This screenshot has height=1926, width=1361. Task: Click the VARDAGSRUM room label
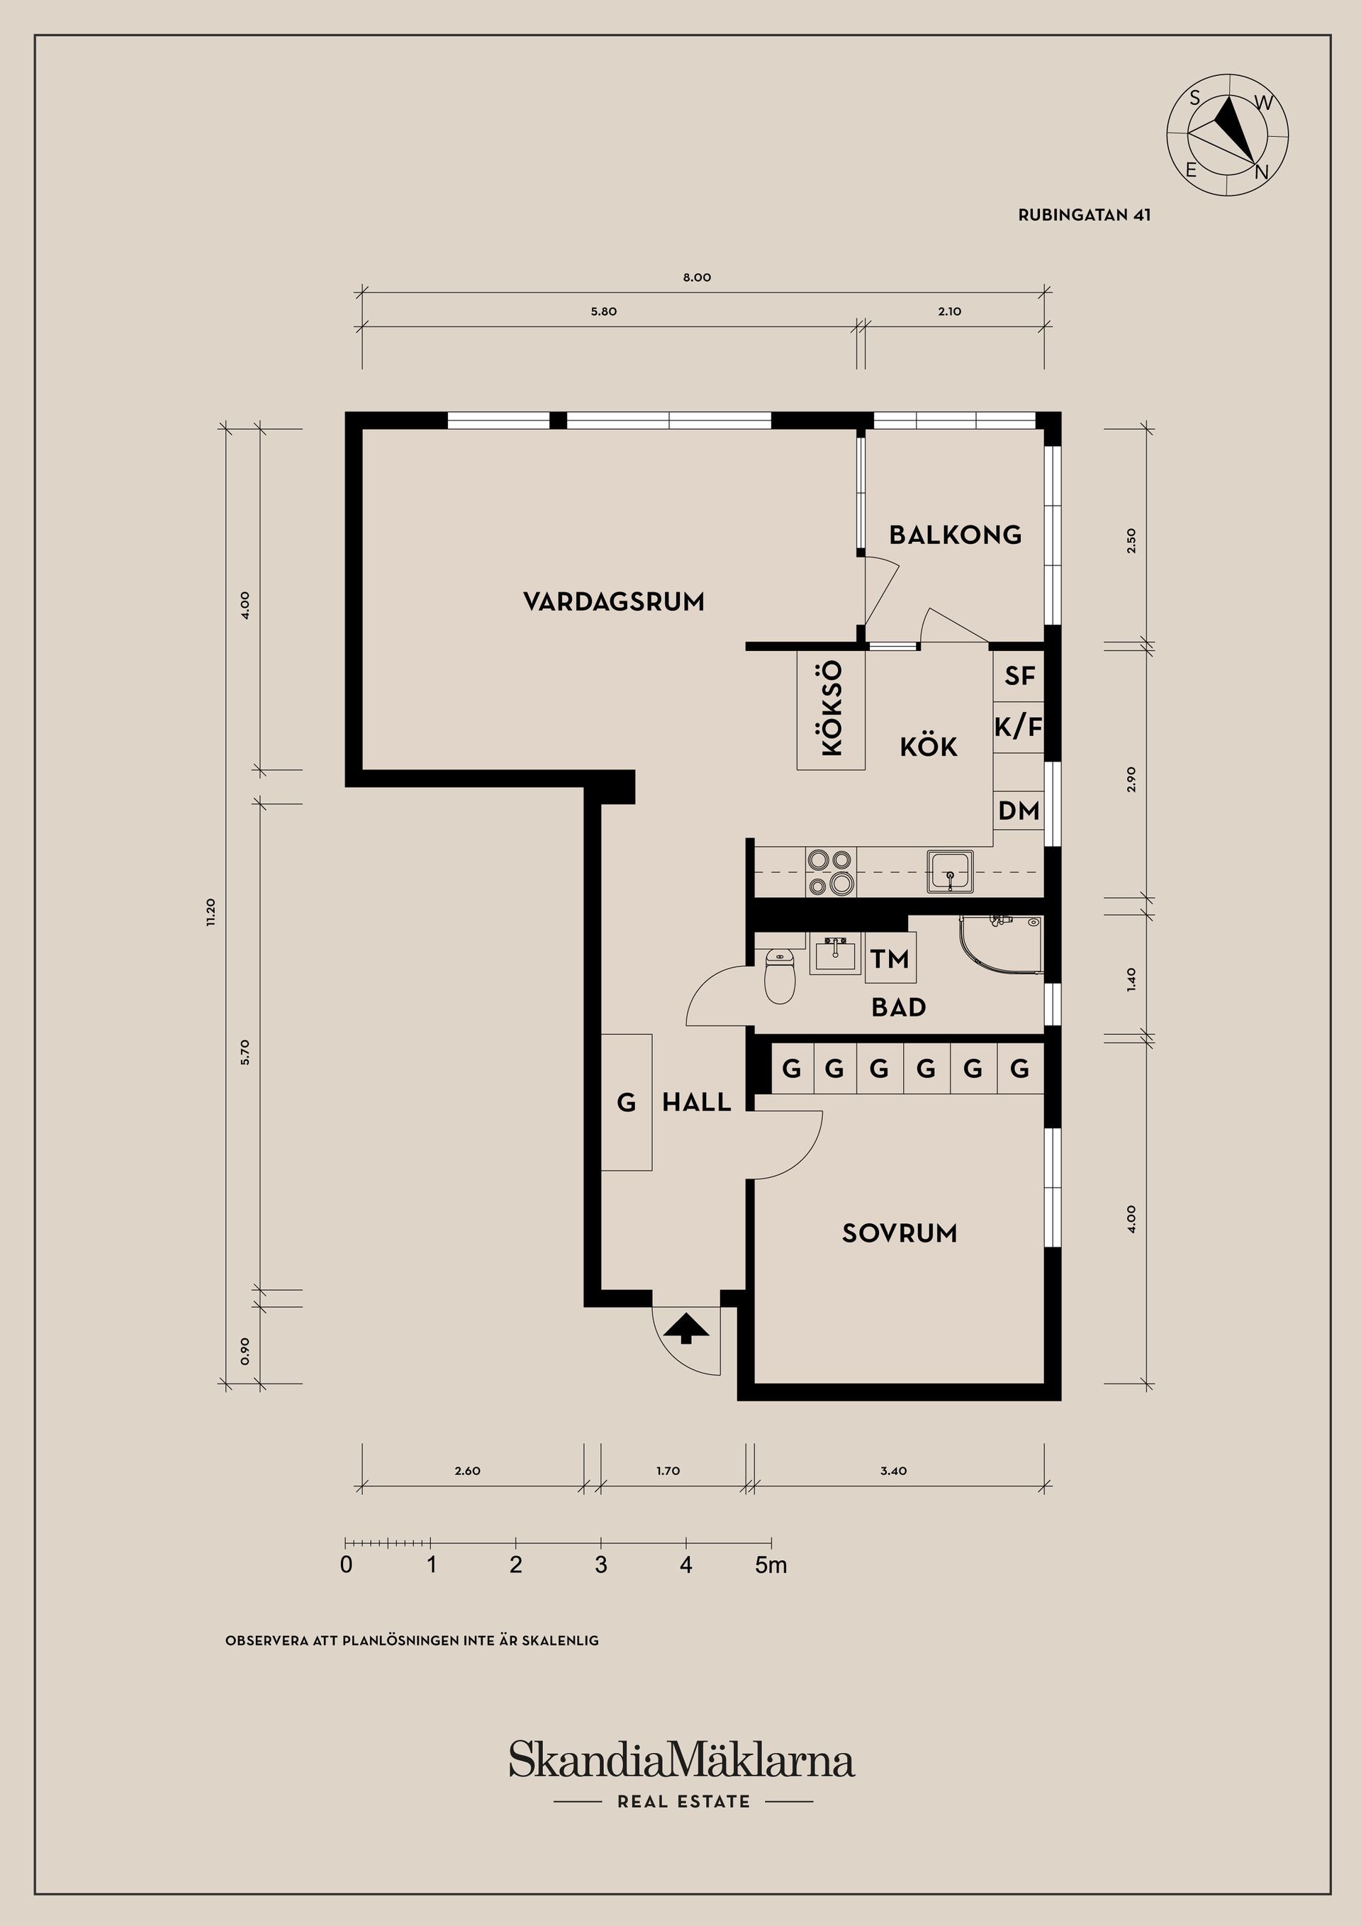(613, 601)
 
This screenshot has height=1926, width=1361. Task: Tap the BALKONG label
(955, 535)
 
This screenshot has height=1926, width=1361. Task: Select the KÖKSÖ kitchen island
(830, 709)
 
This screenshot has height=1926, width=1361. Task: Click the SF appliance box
(1019, 676)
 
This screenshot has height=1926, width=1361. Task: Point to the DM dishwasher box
(1019, 811)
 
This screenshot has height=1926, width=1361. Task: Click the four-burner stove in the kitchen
(830, 872)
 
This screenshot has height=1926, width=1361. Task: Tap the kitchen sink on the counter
(950, 872)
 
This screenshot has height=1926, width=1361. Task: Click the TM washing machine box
(890, 958)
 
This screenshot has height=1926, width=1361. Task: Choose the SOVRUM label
(899, 1232)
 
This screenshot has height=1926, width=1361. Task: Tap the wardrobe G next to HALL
(627, 1102)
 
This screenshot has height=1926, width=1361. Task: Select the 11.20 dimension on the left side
(211, 911)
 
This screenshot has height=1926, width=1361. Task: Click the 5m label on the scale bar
(771, 1564)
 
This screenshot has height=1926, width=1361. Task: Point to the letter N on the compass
(1260, 173)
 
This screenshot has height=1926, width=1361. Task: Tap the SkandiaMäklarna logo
(682, 1760)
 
